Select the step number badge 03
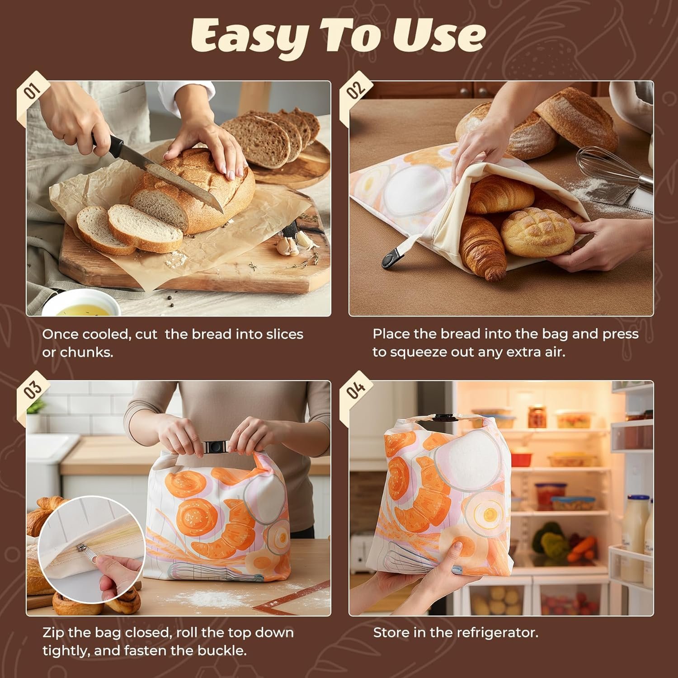tap(33, 390)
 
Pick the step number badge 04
tap(356, 390)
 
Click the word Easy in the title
tap(247, 36)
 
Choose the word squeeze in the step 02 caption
tap(416, 353)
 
